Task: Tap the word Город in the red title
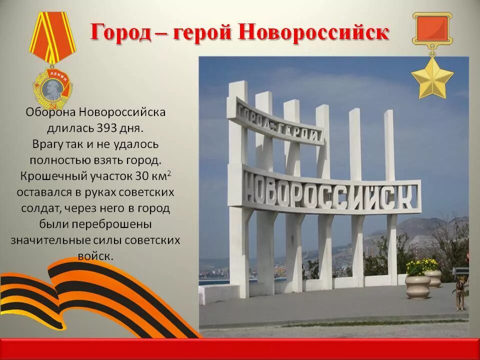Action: pyautogui.click(x=120, y=32)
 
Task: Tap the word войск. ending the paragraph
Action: pyautogui.click(x=95, y=256)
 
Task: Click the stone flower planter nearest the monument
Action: pyautogui.click(x=418, y=286)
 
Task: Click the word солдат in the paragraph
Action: pyautogui.click(x=38, y=208)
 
